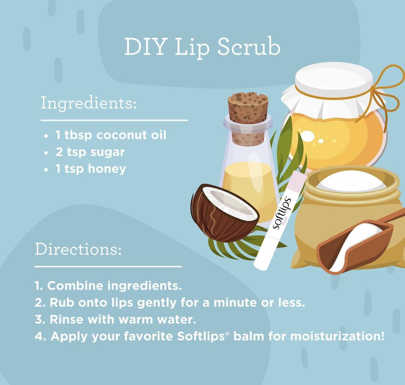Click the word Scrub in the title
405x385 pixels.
[x=249, y=47]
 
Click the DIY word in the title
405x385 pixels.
[x=145, y=47]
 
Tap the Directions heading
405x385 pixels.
[x=78, y=249]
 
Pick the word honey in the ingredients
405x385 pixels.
[x=107, y=169]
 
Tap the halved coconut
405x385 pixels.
[x=224, y=213]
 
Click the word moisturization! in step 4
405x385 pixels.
[x=337, y=336]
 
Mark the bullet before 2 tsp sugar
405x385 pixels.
[x=46, y=153]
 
